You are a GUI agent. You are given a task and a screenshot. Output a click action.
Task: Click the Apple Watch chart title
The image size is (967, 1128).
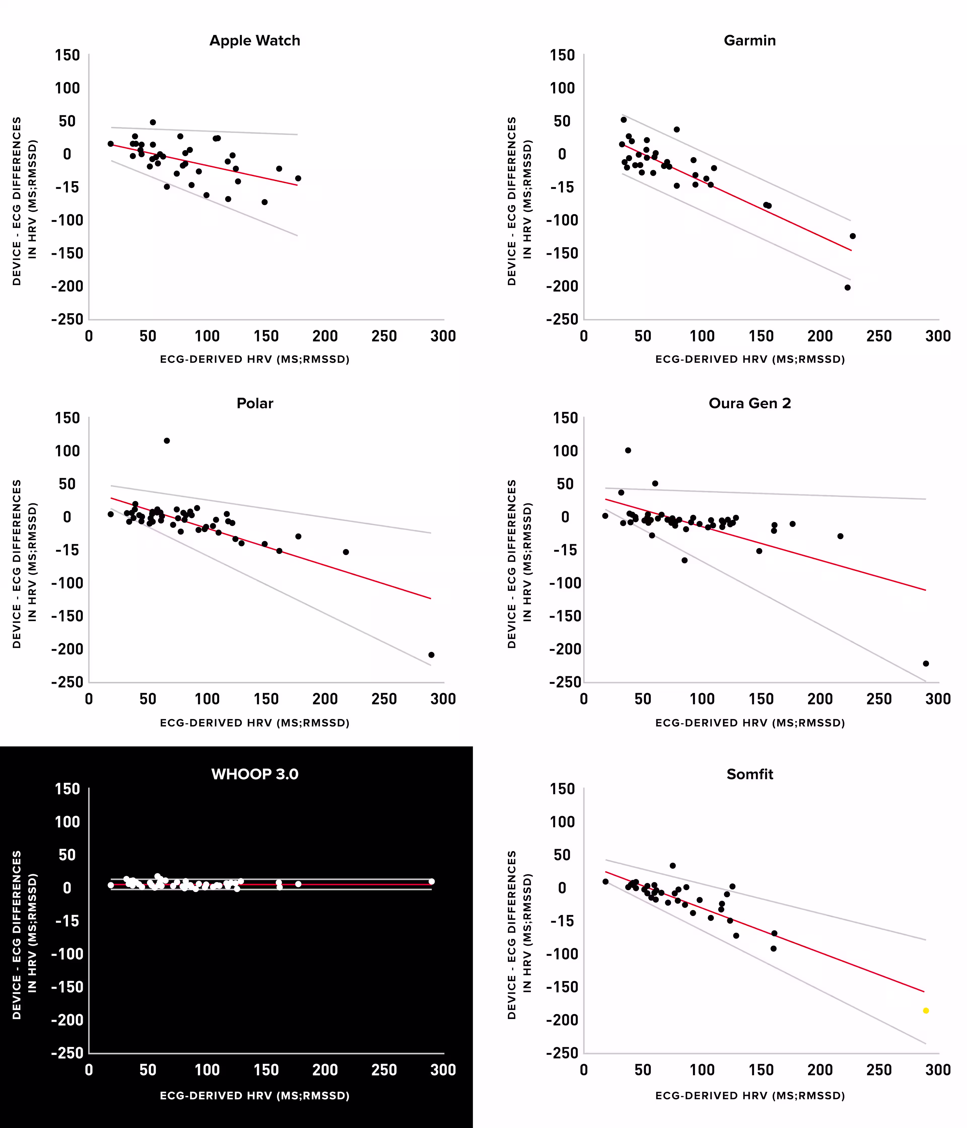tap(255, 41)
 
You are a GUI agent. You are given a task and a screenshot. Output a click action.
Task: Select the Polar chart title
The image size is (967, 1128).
tap(255, 403)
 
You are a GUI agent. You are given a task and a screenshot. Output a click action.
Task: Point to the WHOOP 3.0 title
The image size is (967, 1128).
tap(255, 774)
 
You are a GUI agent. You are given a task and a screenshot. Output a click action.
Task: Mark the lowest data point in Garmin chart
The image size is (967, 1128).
tap(847, 288)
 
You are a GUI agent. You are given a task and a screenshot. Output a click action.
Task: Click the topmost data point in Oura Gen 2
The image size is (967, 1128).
tap(628, 450)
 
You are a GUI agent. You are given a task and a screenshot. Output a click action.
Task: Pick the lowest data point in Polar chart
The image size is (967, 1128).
tap(431, 655)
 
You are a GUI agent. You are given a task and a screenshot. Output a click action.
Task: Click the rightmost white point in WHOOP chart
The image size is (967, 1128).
tap(431, 882)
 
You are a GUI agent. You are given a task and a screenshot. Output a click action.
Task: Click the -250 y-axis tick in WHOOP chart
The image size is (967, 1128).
tap(67, 1053)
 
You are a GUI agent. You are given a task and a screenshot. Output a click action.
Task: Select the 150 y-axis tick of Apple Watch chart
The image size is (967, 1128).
tap(67, 56)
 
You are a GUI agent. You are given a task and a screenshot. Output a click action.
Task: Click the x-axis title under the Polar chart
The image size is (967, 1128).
tap(255, 723)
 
